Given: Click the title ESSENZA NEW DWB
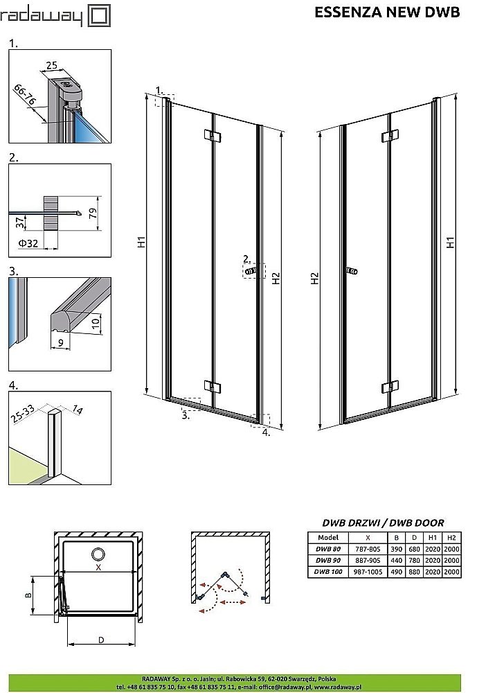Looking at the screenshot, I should tap(397, 12).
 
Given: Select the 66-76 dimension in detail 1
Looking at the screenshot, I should tap(24, 97).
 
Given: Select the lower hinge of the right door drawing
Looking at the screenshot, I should tap(390, 386).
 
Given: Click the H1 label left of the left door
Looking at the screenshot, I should tap(140, 243).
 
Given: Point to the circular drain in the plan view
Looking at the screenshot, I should tap(98, 554).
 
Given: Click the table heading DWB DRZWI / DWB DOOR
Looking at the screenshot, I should tap(383, 523).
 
